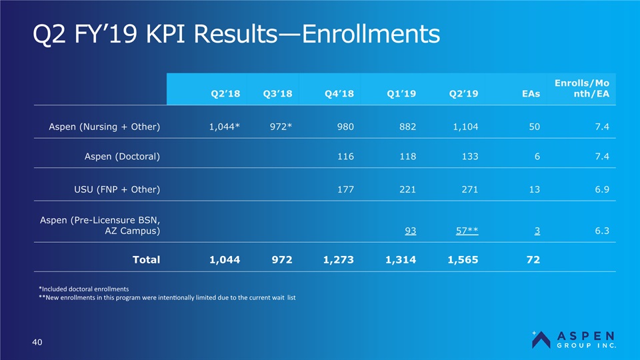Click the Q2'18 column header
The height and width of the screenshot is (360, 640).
tap(225, 94)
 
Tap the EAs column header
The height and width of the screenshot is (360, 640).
tap(531, 94)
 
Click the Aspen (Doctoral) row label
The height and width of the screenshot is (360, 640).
tap(122, 156)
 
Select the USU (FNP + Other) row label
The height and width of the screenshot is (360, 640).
tap(117, 189)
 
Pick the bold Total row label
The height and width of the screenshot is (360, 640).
tap(147, 259)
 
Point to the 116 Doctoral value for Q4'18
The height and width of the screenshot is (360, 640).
tap(345, 156)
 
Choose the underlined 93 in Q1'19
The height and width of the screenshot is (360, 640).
tap(411, 231)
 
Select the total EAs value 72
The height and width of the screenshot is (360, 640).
tap(533, 259)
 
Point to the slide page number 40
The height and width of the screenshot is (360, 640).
tap(37, 342)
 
